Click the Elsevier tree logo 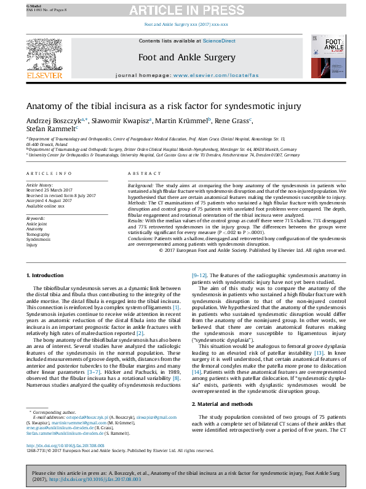44,56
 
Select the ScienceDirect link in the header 220,41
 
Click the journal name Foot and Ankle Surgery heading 187,58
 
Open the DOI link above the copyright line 66,445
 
